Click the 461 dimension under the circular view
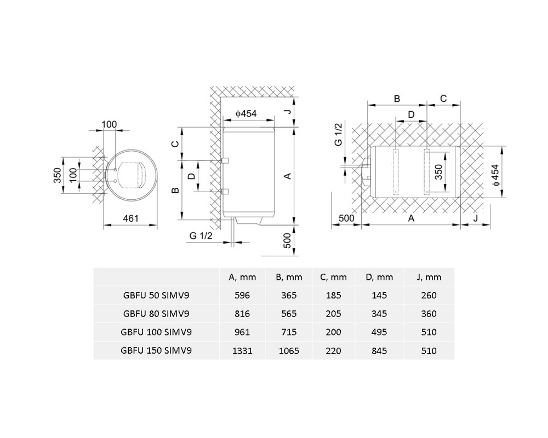tap(131, 218)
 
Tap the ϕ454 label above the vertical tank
tap(246, 113)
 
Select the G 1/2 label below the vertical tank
tap(201, 236)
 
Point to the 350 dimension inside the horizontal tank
tap(438, 172)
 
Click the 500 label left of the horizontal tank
tap(346, 218)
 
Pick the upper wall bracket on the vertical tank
tap(225, 160)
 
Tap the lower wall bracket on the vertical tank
tap(225, 192)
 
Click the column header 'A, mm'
tap(242, 278)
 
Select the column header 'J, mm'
tap(429, 278)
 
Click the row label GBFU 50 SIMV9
tap(156, 296)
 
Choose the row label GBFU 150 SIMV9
tap(156, 350)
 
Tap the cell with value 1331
tap(242, 351)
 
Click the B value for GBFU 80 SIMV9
tap(289, 314)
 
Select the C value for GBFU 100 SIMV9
tap(333, 332)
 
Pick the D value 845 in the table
tap(379, 351)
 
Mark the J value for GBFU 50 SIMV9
tap(429, 296)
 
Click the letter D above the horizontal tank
tap(412, 114)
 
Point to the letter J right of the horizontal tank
tap(476, 218)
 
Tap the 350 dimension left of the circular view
tap(58, 175)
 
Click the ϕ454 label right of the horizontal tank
tap(495, 175)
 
